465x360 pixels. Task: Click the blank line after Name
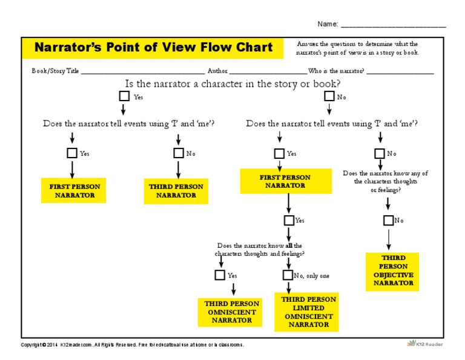(393, 25)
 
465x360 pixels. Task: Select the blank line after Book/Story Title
(143, 71)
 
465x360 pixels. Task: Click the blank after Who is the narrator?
(400, 71)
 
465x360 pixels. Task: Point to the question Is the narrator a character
(232, 84)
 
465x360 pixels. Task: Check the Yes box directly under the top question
(124, 96)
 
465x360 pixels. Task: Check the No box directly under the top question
(329, 96)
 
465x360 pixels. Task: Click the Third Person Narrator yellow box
(176, 191)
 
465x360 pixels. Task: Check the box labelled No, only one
(288, 275)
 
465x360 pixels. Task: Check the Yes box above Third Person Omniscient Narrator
(220, 275)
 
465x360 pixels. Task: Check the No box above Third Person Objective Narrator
(388, 221)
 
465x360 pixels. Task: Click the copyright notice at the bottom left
(132, 344)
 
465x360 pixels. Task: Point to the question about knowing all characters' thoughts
(260, 249)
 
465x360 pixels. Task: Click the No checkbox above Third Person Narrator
(179, 153)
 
